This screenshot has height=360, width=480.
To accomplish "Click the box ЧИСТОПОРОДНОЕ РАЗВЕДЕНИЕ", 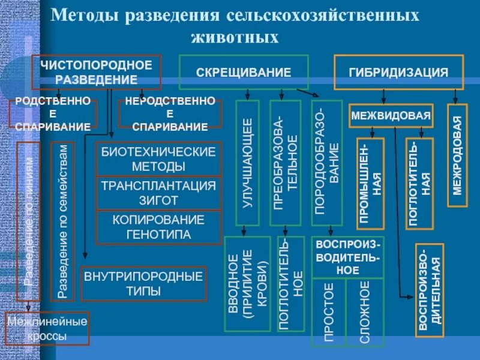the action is coord(97,71).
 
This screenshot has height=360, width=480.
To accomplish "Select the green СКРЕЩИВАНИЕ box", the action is coord(244,72).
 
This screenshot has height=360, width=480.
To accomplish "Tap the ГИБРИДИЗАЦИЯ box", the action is coord(398,72).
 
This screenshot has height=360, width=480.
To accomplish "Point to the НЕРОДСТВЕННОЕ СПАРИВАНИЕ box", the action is coord(170,114).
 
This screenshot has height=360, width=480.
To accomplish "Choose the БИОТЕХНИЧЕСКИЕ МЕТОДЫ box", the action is coord(159,159).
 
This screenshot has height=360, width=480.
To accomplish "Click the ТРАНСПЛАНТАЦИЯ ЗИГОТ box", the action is coord(159,193).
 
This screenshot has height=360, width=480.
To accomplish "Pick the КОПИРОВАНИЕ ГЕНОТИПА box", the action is coord(159,227).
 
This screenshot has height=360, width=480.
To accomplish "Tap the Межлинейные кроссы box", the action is coord(47,329).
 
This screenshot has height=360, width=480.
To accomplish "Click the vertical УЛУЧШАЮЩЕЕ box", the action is coord(248,163).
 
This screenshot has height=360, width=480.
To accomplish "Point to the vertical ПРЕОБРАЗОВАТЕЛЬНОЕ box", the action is coord(286,163).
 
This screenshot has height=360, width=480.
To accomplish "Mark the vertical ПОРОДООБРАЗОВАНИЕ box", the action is coord(327,163).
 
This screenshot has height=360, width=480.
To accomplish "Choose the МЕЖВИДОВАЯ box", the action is coord(391,116).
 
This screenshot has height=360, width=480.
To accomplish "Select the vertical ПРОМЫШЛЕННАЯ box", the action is coord(370,183).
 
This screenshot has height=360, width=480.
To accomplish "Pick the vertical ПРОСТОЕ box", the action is coord(329,312).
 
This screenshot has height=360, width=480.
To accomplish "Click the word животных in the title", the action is coord(235,37).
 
